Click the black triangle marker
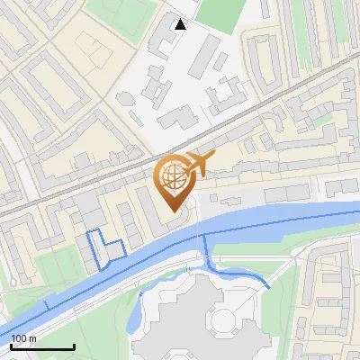(180, 23)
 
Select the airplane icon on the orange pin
(199, 164)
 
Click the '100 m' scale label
(24, 338)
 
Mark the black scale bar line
(42, 346)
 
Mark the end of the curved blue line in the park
(268, 286)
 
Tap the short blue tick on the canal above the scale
(44, 306)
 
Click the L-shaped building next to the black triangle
(163, 40)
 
